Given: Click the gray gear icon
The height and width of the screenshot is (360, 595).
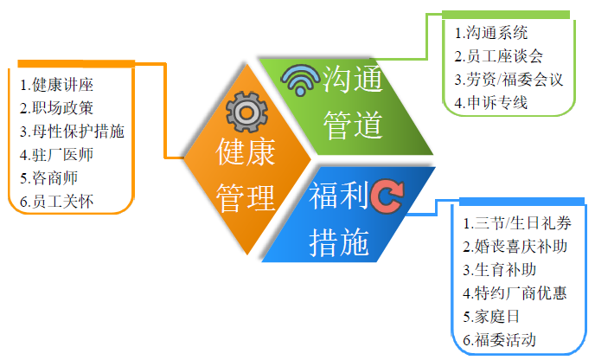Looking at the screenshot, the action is click(x=246, y=112).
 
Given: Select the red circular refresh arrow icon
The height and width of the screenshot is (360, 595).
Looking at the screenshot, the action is click(x=387, y=196).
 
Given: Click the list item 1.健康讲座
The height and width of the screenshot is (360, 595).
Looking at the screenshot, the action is click(x=56, y=85).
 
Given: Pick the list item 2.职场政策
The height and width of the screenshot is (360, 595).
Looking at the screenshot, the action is click(x=56, y=108).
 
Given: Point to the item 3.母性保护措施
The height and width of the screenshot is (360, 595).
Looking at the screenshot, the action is click(x=72, y=132).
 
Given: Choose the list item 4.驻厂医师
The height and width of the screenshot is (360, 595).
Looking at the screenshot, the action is click(x=56, y=155).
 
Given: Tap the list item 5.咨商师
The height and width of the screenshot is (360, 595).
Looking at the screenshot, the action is click(x=49, y=178).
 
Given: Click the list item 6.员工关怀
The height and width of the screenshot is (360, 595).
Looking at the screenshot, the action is click(x=56, y=202).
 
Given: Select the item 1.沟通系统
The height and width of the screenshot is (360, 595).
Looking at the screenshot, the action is click(x=491, y=33).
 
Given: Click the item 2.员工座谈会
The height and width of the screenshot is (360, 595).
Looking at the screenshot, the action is click(x=499, y=56).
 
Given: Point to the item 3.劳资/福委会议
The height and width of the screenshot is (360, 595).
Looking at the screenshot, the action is click(x=509, y=80).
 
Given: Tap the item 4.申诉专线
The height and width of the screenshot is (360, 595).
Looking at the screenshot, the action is click(x=491, y=103).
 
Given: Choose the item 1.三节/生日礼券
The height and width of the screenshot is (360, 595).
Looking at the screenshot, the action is click(x=517, y=223).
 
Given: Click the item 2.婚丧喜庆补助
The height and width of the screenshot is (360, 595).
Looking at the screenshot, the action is click(x=515, y=247).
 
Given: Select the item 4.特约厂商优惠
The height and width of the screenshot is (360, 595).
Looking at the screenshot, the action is click(x=515, y=293).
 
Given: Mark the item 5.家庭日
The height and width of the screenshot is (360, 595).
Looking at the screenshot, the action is click(x=491, y=317).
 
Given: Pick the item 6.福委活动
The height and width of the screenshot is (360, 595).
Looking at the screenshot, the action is click(x=499, y=340).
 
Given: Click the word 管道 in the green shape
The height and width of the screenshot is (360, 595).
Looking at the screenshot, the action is click(x=353, y=125).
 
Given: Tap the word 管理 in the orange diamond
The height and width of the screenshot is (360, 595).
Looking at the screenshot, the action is click(x=246, y=198).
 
